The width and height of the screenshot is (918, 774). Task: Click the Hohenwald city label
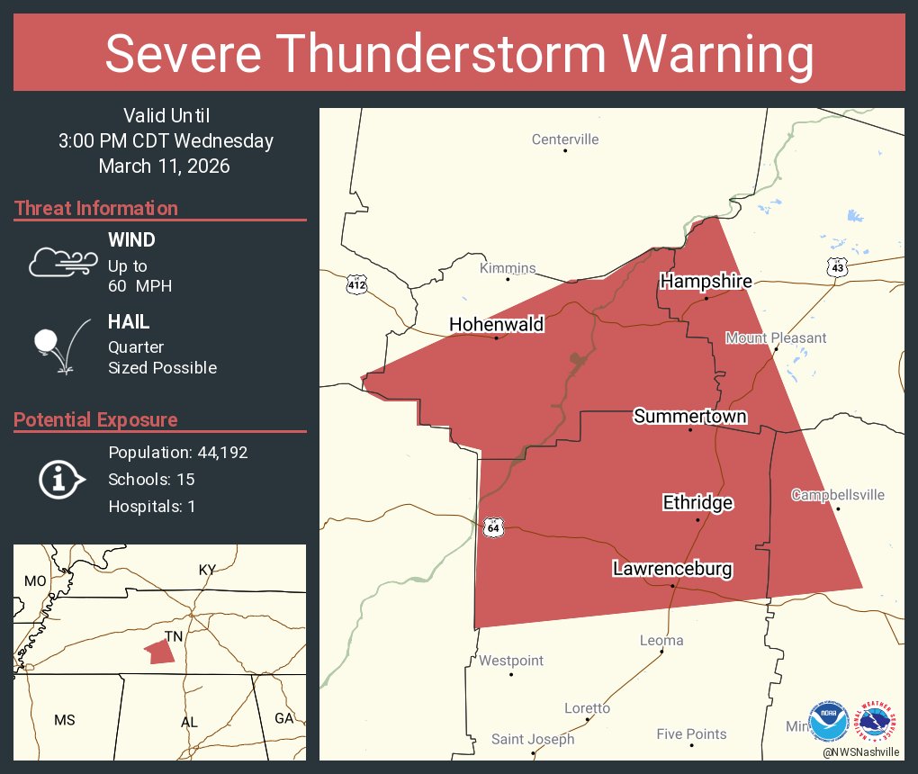pos(497,324)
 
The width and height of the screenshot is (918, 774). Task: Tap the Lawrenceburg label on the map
pos(672,569)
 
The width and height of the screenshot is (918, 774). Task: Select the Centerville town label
pos(564,139)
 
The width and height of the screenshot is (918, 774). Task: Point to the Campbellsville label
pos(837,495)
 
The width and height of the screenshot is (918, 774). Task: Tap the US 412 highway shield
pos(356,285)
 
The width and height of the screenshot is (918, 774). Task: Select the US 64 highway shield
pos(492,527)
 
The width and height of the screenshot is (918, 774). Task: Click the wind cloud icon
pos(62,261)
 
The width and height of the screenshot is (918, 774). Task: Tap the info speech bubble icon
pos(61,480)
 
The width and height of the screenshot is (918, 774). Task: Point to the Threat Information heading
pos(96,209)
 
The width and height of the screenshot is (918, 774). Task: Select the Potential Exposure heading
pos(95,420)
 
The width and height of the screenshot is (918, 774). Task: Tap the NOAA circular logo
pos(828,721)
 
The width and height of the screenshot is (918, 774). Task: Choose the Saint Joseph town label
pos(532,740)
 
